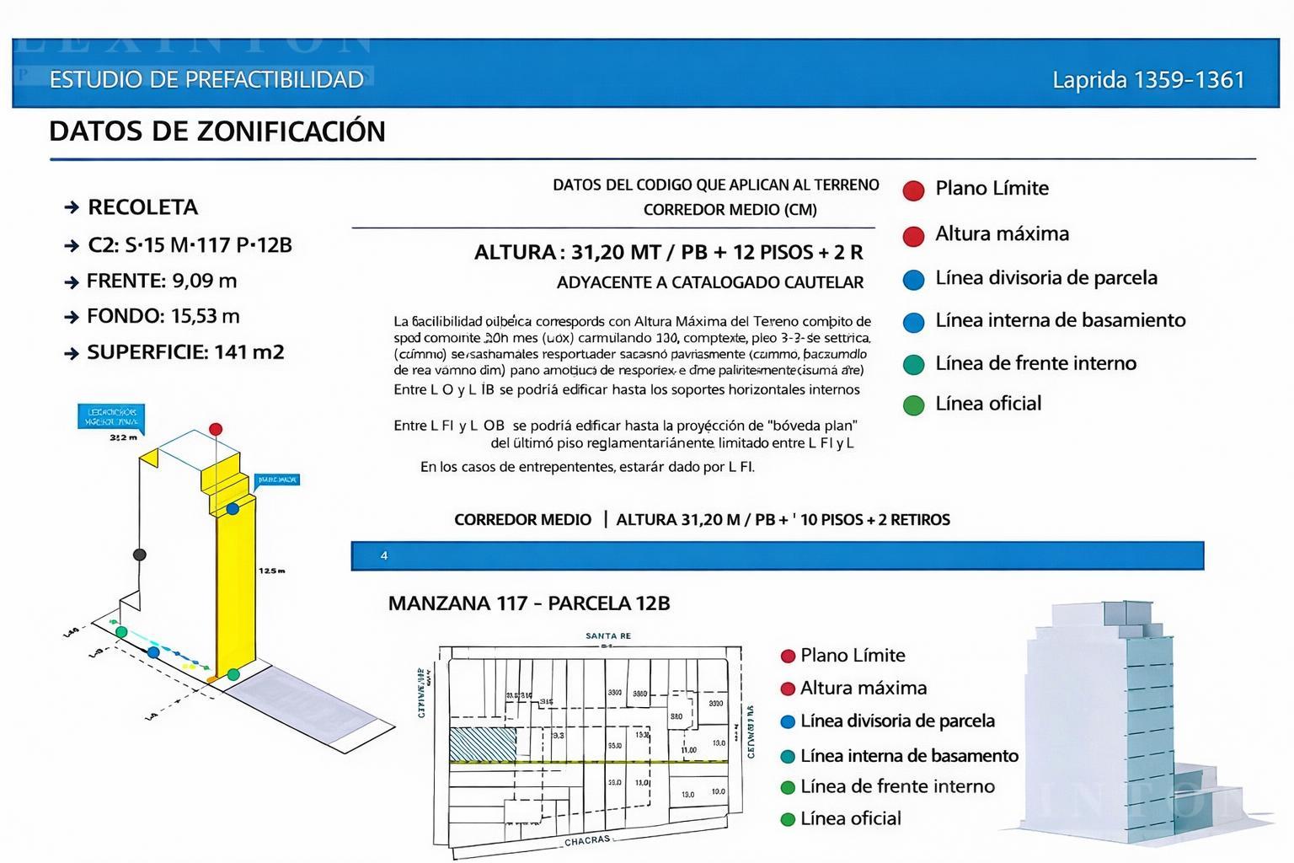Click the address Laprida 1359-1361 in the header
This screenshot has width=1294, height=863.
pyautogui.click(x=1148, y=80)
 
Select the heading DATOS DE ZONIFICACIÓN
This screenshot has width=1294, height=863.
pyautogui.click(x=217, y=131)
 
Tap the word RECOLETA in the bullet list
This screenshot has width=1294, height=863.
pyautogui.click(x=142, y=207)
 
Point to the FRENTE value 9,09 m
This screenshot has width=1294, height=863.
pyautogui.click(x=205, y=281)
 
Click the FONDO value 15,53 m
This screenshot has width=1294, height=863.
pyautogui.click(x=206, y=316)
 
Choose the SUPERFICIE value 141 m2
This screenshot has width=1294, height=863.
pyautogui.click(x=249, y=352)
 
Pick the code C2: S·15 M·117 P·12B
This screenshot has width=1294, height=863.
pyautogui.click(x=190, y=245)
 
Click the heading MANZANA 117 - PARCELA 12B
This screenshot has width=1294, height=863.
pyautogui.click(x=529, y=603)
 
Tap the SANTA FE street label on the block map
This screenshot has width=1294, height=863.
pyautogui.click(x=607, y=636)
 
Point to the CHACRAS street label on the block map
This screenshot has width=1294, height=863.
pyautogui.click(x=587, y=840)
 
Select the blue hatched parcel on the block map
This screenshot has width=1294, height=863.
pyautogui.click(x=483, y=744)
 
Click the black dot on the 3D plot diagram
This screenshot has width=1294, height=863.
pyautogui.click(x=140, y=555)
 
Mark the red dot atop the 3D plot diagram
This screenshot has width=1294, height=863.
pyautogui.click(x=216, y=429)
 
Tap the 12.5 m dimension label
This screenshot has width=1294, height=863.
pyautogui.click(x=271, y=571)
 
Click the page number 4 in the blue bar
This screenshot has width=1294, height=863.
pyautogui.click(x=384, y=556)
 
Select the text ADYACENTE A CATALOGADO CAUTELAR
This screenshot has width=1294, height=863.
pyautogui.click(x=709, y=283)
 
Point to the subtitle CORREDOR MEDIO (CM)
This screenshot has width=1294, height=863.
pyautogui.click(x=730, y=210)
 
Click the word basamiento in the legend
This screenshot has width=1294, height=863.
pyautogui.click(x=1136, y=320)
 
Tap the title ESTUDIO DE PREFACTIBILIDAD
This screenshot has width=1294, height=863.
pyautogui.click(x=206, y=80)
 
